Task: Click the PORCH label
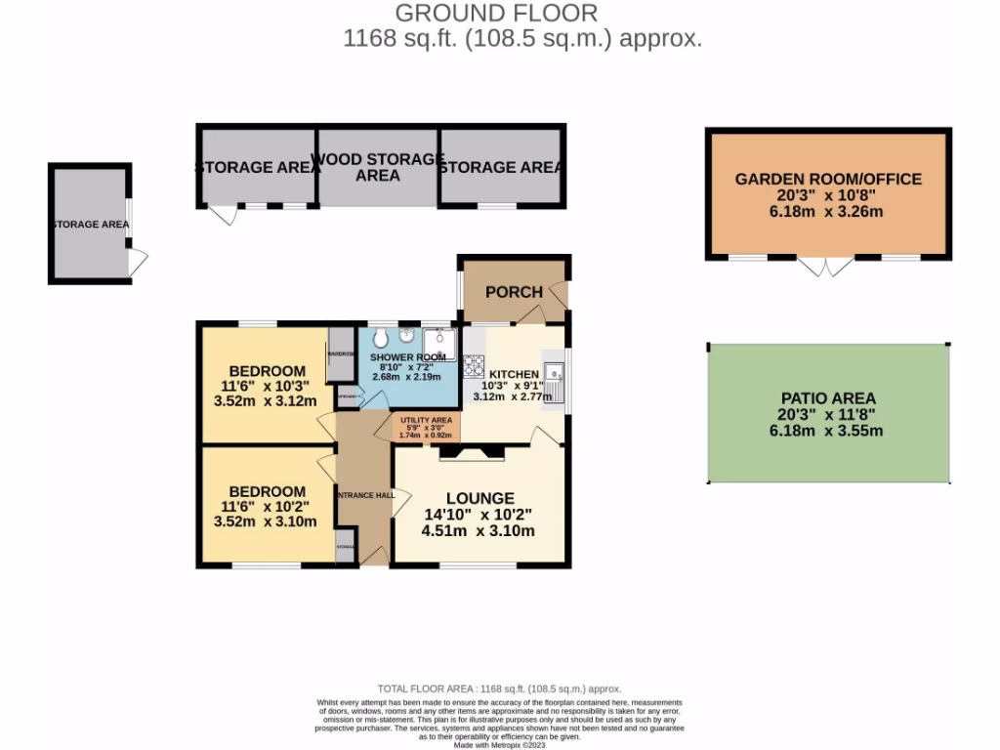(x=514, y=292)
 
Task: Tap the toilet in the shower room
(x=380, y=338)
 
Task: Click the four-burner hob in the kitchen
(x=475, y=366)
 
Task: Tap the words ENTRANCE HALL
(x=365, y=495)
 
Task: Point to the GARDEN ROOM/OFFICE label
(x=828, y=179)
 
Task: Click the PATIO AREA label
(x=828, y=397)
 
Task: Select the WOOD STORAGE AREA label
(x=378, y=167)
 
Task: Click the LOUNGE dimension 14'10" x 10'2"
(x=479, y=515)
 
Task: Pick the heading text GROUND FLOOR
(x=496, y=13)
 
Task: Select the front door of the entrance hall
(x=372, y=555)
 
